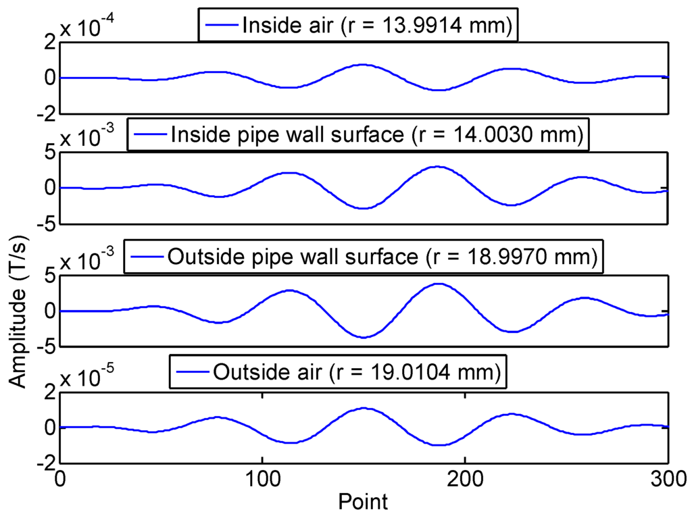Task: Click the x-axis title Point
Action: tap(364, 502)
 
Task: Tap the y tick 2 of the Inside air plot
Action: tap(47, 42)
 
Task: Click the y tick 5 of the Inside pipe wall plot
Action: tap(47, 152)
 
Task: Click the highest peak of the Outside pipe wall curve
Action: tap(439, 284)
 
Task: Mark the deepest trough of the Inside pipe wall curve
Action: tap(364, 208)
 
